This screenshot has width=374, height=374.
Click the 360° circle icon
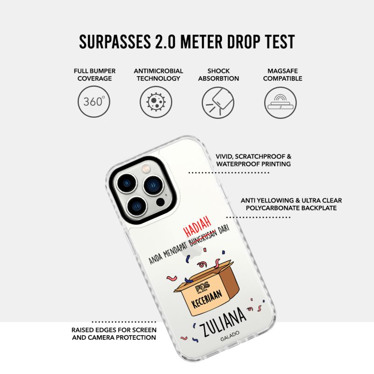click(x=94, y=101)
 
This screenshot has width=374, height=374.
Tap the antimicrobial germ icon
click(x=156, y=102)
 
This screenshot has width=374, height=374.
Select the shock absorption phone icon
click(x=218, y=102)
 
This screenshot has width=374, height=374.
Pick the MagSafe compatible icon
click(x=280, y=102)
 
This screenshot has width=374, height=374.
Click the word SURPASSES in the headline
click(x=115, y=42)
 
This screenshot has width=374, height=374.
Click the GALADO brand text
click(x=230, y=336)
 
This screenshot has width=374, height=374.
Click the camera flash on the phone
click(x=145, y=169)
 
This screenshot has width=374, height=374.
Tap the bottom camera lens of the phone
click(x=137, y=206)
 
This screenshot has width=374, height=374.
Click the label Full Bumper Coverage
click(x=94, y=75)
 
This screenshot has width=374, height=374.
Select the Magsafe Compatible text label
click(x=282, y=75)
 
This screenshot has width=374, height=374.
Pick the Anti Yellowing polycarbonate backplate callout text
click(x=291, y=204)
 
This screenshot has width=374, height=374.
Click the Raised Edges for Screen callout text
click(x=114, y=334)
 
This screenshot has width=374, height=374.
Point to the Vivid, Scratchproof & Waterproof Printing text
click(x=253, y=160)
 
